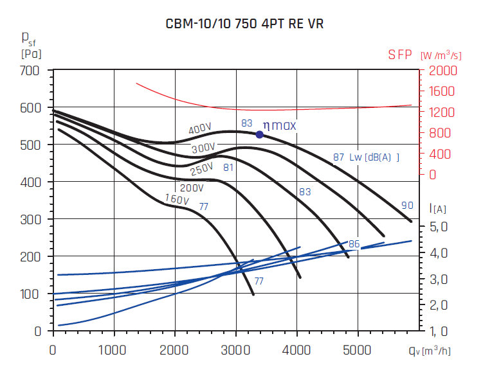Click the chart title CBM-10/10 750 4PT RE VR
tap(241, 24)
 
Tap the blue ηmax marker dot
tap(260, 134)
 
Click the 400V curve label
tap(200, 129)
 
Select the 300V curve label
tap(203, 149)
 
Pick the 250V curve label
tap(201, 170)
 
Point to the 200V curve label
tap(192, 188)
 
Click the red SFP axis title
tap(400, 55)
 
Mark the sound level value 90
tap(407, 206)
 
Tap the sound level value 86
tap(354, 245)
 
